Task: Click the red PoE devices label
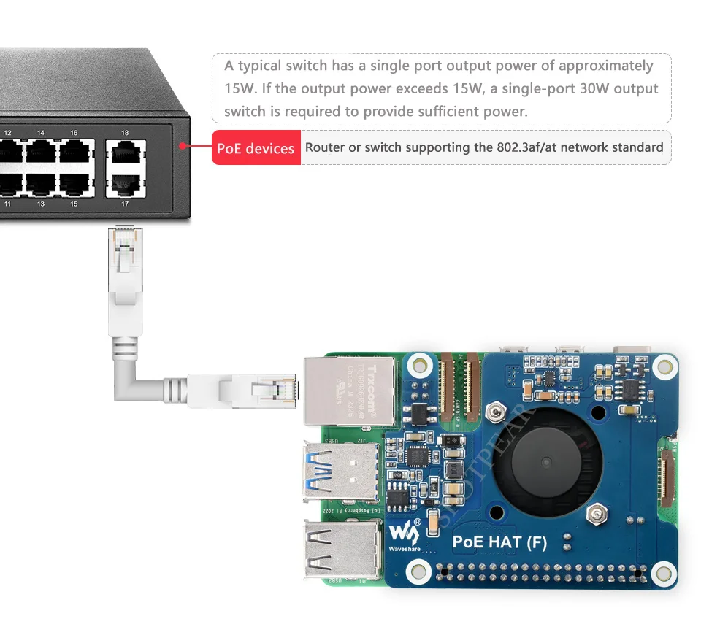click(x=256, y=148)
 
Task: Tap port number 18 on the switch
click(x=125, y=133)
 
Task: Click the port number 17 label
click(x=125, y=204)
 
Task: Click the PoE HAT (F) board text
click(x=499, y=542)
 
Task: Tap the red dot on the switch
click(x=181, y=145)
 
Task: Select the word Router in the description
click(x=325, y=147)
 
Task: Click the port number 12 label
click(x=8, y=133)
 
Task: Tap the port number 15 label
click(x=74, y=204)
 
